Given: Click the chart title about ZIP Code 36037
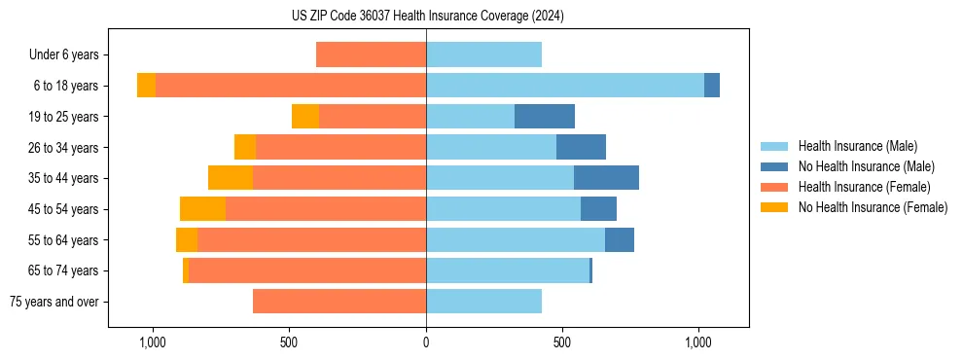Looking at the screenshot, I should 427,17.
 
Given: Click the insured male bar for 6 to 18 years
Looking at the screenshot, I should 564,86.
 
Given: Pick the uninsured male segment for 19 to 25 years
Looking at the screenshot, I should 544,117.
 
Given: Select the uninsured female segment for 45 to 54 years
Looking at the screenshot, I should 202,209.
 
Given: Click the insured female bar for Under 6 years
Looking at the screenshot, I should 371,54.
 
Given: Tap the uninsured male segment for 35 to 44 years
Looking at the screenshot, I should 606,178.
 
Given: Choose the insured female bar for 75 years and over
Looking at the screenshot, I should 339,302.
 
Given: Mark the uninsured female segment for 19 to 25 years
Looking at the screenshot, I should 305,117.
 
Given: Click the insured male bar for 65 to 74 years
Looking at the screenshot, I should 507,270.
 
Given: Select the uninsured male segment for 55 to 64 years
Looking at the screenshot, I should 620,240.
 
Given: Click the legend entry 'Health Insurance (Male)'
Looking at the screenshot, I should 857,146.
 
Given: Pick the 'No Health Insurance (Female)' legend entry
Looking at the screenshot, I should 873,207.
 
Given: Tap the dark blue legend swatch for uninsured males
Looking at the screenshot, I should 774,166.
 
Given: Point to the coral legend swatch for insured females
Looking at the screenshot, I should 774,187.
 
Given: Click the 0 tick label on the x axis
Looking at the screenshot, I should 426,342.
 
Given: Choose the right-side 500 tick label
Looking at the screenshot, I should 562,342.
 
